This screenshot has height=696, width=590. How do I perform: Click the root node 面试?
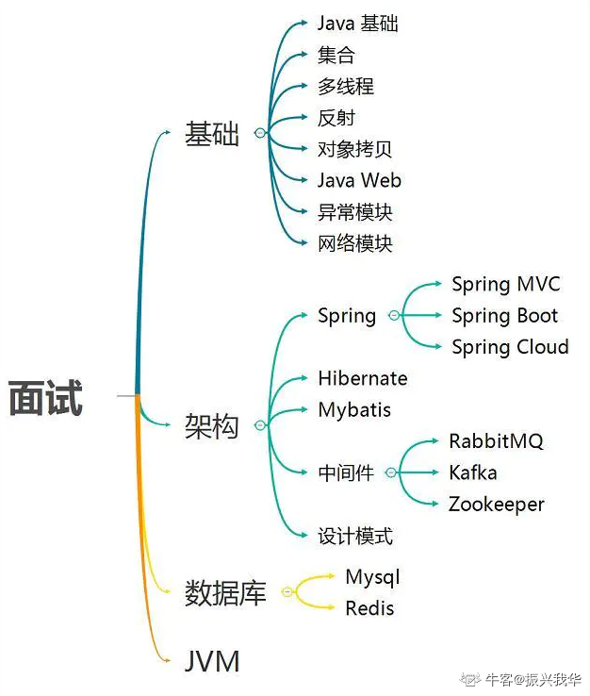(45, 397)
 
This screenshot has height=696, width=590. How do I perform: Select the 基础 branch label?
(212, 134)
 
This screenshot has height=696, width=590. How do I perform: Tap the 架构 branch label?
(212, 426)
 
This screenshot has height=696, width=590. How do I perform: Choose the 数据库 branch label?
(225, 593)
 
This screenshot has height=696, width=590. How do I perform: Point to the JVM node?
(212, 661)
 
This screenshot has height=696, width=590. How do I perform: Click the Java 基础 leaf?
(357, 23)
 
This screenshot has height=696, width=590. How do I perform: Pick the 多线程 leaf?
(346, 86)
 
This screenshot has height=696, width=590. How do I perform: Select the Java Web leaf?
(359, 180)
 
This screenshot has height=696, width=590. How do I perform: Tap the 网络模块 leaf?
(354, 243)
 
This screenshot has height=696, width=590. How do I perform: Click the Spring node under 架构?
(347, 316)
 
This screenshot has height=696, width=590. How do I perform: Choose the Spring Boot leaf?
(504, 316)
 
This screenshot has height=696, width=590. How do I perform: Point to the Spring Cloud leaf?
(510, 347)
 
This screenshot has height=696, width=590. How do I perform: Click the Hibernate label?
(363, 378)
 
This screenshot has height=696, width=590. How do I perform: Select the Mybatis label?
(354, 410)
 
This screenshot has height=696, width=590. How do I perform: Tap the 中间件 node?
(346, 473)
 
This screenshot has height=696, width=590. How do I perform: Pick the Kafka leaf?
(472, 472)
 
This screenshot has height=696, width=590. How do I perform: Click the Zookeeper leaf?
(496, 505)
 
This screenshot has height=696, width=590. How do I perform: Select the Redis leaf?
(369, 608)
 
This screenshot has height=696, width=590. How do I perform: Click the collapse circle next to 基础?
(260, 134)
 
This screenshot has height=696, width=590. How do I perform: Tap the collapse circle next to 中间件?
(390, 473)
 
